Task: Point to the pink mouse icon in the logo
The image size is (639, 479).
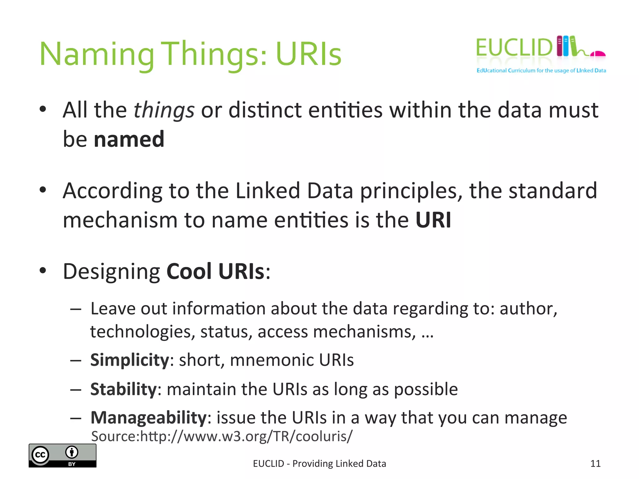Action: coord(598,54)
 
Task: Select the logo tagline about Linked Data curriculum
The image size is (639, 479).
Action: coord(541,70)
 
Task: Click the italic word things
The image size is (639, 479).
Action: coord(164,110)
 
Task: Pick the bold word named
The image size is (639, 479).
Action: coord(129,139)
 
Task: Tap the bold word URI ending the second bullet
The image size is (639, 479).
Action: coord(433,220)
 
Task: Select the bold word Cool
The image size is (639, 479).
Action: coord(189,271)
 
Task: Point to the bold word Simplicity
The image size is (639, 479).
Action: coord(129,360)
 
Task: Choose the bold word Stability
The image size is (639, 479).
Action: coord(123,389)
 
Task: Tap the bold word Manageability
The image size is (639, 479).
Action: coord(149,418)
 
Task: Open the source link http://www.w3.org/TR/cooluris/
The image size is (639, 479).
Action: coord(246,436)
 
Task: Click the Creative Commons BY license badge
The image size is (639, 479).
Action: coord(62,456)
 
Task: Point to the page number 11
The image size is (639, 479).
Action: coord(595,464)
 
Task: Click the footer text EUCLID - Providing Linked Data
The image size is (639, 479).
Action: coord(319,464)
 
